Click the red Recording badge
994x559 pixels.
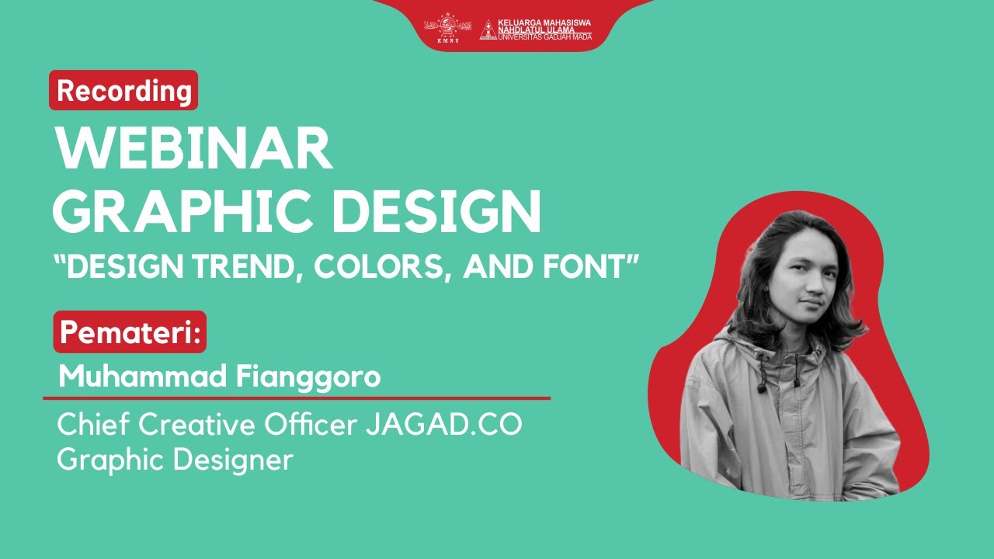(x=123, y=91)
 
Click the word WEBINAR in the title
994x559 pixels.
(x=193, y=150)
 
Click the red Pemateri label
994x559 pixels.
(x=130, y=332)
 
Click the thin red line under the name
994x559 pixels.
(x=296, y=398)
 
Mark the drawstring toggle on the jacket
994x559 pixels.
(x=764, y=384)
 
